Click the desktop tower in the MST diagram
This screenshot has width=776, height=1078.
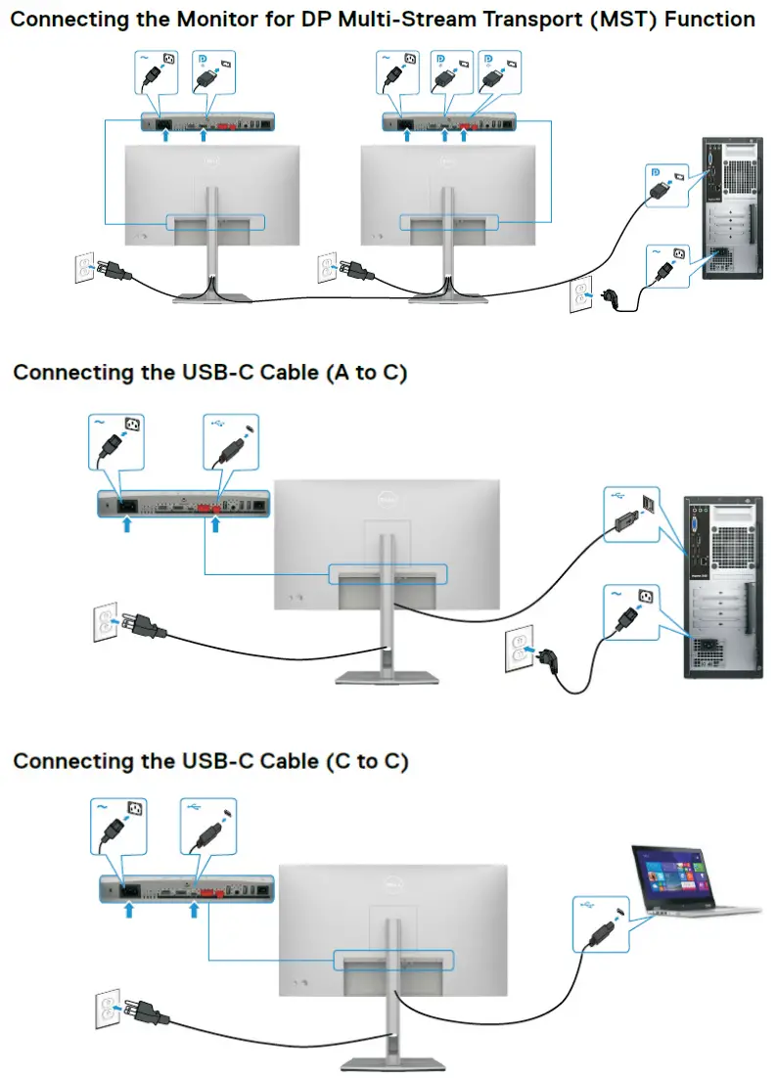[729, 209]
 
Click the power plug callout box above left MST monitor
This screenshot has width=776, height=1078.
[155, 72]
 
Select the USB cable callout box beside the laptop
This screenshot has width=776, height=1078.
[598, 924]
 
